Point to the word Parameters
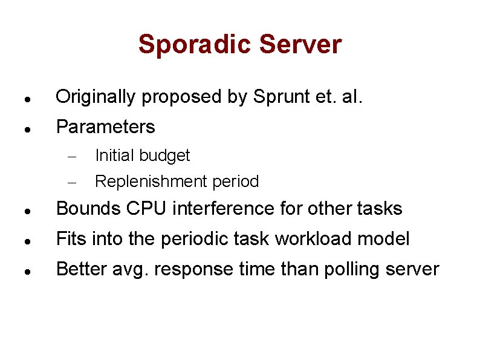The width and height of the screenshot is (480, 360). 105,127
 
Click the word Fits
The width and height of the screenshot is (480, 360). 71,239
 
